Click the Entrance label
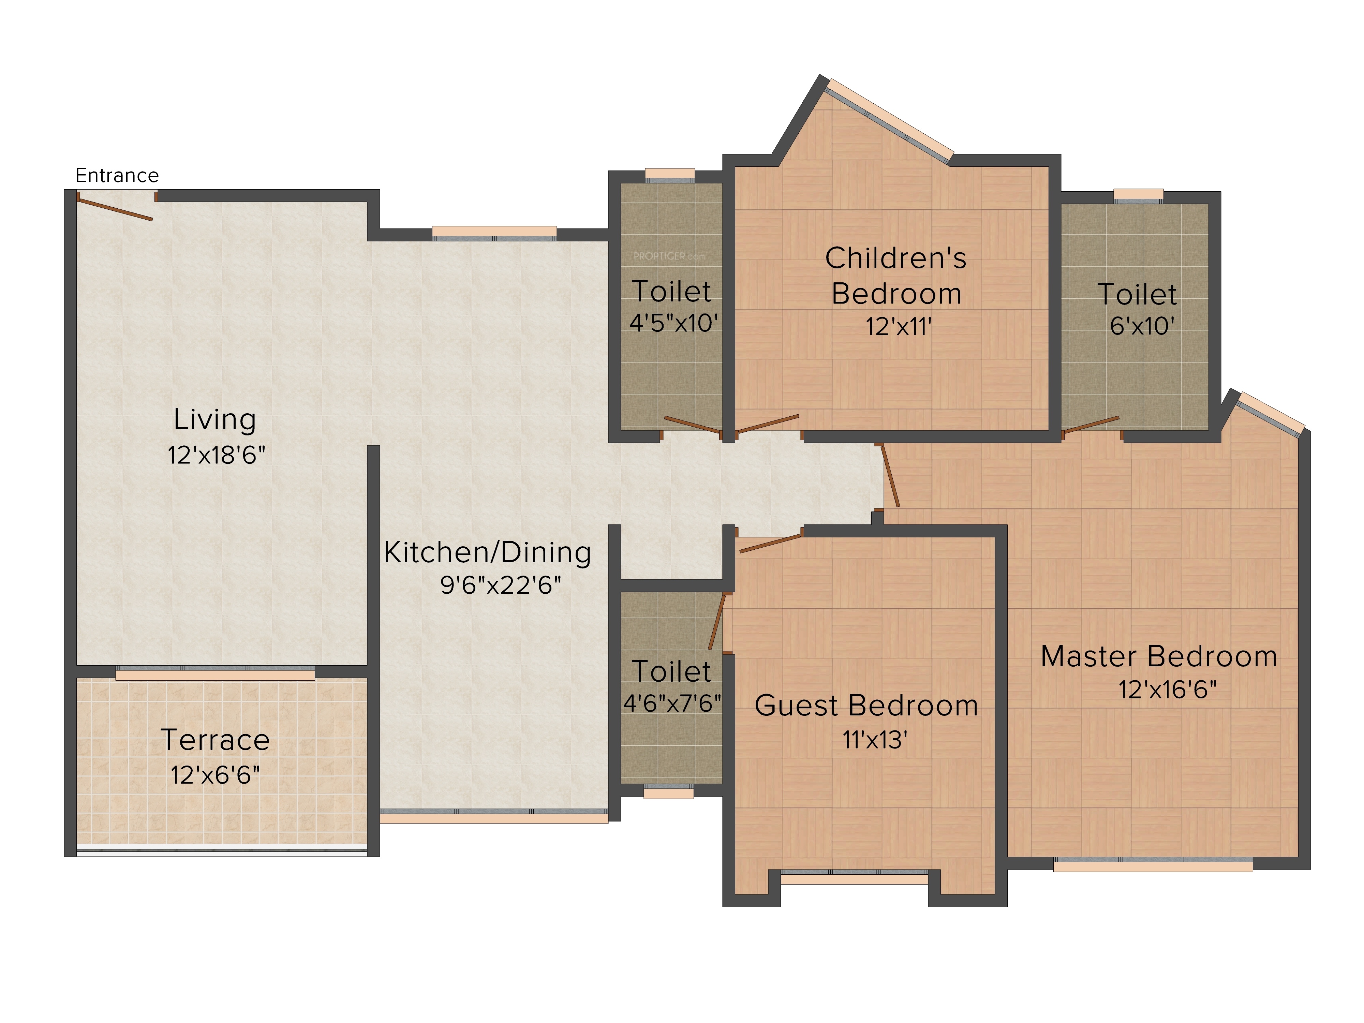117,176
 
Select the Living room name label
214,420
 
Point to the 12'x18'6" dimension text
217,455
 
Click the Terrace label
215,740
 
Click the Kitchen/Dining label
487,552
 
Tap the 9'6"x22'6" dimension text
501,584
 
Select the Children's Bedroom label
896,276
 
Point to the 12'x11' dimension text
899,327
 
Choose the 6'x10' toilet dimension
1142,326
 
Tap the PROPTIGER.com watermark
669,256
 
